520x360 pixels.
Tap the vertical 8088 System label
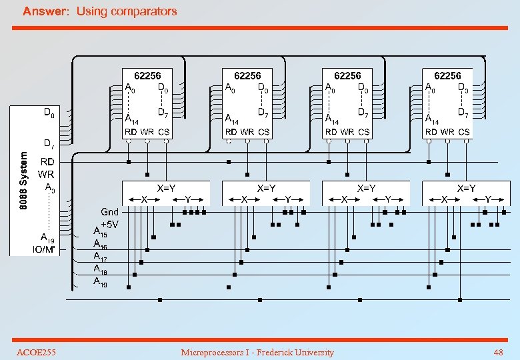click(24, 181)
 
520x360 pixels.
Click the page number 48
click(498, 352)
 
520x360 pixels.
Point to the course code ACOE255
click(36, 352)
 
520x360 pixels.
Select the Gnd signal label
click(109, 212)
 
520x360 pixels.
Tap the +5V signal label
click(109, 224)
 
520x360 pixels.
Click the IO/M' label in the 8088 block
click(44, 249)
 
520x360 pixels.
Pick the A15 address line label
click(100, 233)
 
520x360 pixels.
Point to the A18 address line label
click(100, 269)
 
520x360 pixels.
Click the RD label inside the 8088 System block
click(47, 161)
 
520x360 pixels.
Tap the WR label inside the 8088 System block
click(46, 175)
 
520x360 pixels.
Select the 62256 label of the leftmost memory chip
click(147, 76)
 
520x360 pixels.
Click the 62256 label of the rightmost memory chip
click(447, 76)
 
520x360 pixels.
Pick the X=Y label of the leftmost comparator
click(165, 189)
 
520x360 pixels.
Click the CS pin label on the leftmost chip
click(163, 132)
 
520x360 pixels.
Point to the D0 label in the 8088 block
click(49, 113)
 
